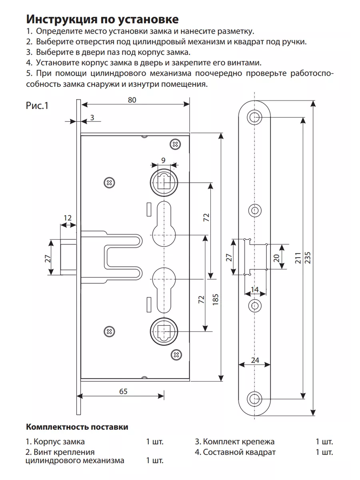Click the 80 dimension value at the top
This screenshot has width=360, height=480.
132,100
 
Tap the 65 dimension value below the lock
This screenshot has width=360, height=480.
123,391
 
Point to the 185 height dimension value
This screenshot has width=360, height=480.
215,299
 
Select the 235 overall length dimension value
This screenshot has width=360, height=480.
307,258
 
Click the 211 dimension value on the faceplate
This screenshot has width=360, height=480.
298,258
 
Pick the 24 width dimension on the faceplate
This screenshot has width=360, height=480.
255,360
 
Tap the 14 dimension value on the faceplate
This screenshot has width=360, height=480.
255,290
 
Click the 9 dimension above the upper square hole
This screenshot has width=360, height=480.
163,160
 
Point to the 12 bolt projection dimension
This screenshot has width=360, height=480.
68,218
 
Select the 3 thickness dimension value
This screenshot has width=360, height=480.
92,118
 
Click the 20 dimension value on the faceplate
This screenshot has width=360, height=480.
276,258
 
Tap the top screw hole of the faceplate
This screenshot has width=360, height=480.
255,117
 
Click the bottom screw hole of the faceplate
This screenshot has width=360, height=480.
255,399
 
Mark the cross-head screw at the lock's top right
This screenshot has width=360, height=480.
175,144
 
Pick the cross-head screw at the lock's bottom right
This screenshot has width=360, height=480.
176,355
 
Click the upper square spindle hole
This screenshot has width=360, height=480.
164,182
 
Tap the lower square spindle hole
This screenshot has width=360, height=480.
164,331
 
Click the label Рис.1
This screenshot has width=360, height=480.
37,106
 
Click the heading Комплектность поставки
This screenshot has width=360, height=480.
77,427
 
